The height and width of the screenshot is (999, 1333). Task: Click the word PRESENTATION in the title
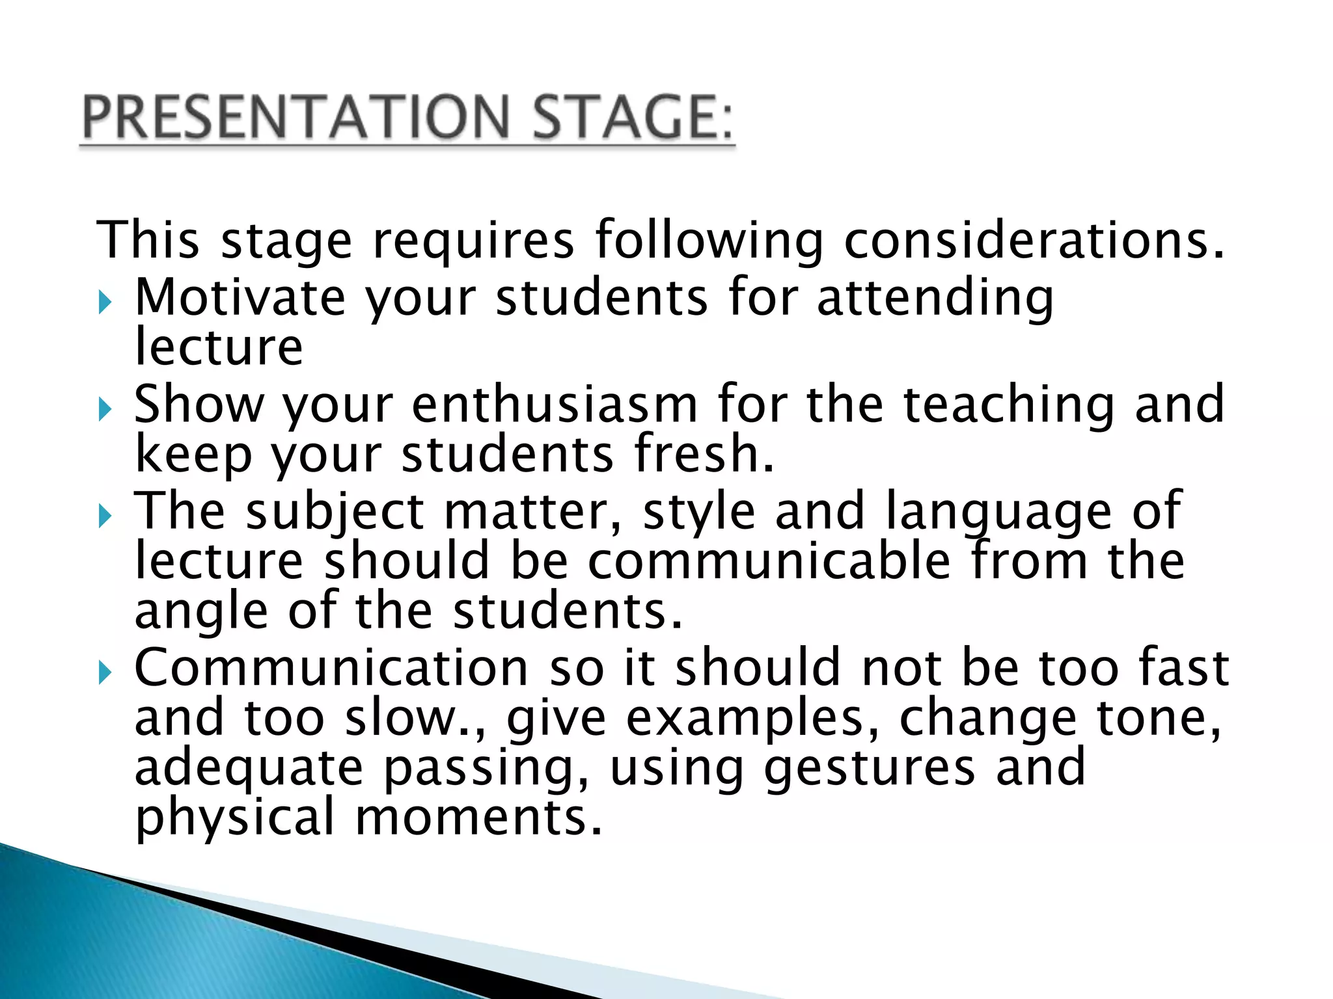click(296, 117)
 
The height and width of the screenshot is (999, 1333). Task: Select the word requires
click(473, 241)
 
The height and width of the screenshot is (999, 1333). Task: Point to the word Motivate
click(240, 297)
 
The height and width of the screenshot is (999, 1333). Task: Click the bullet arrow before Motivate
click(105, 302)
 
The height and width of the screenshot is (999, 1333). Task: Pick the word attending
click(935, 298)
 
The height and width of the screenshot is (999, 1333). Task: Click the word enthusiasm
click(555, 405)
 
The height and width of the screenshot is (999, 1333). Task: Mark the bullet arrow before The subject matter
click(105, 516)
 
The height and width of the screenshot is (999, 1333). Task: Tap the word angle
click(201, 613)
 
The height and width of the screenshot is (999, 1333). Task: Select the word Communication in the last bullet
click(331, 668)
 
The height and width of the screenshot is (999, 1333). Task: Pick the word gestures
click(870, 769)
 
